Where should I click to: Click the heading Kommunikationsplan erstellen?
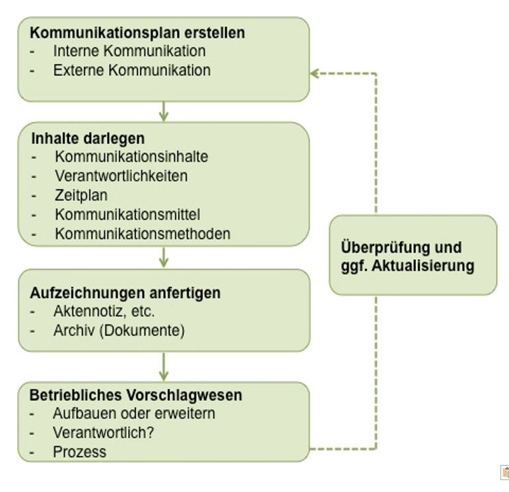[137, 33]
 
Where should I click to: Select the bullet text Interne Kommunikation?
[129, 51]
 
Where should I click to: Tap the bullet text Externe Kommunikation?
[132, 71]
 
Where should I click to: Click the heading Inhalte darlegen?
[88, 138]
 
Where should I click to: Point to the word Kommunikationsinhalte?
[131, 157]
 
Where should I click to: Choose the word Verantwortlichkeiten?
[121, 176]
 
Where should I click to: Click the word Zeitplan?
[81, 196]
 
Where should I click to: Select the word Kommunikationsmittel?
[127, 214]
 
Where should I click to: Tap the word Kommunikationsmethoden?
[143, 234]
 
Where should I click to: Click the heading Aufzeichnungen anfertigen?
[125, 293]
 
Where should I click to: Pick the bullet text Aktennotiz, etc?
[104, 311]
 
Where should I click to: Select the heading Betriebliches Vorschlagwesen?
[136, 395]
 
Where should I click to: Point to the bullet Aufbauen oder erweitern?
[134, 414]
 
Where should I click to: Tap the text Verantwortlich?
[103, 433]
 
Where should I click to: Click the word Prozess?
[79, 452]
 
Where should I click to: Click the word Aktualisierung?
[423, 266]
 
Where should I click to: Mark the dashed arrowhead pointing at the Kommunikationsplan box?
[314, 74]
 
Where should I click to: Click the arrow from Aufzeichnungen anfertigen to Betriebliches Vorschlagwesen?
[164, 367]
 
